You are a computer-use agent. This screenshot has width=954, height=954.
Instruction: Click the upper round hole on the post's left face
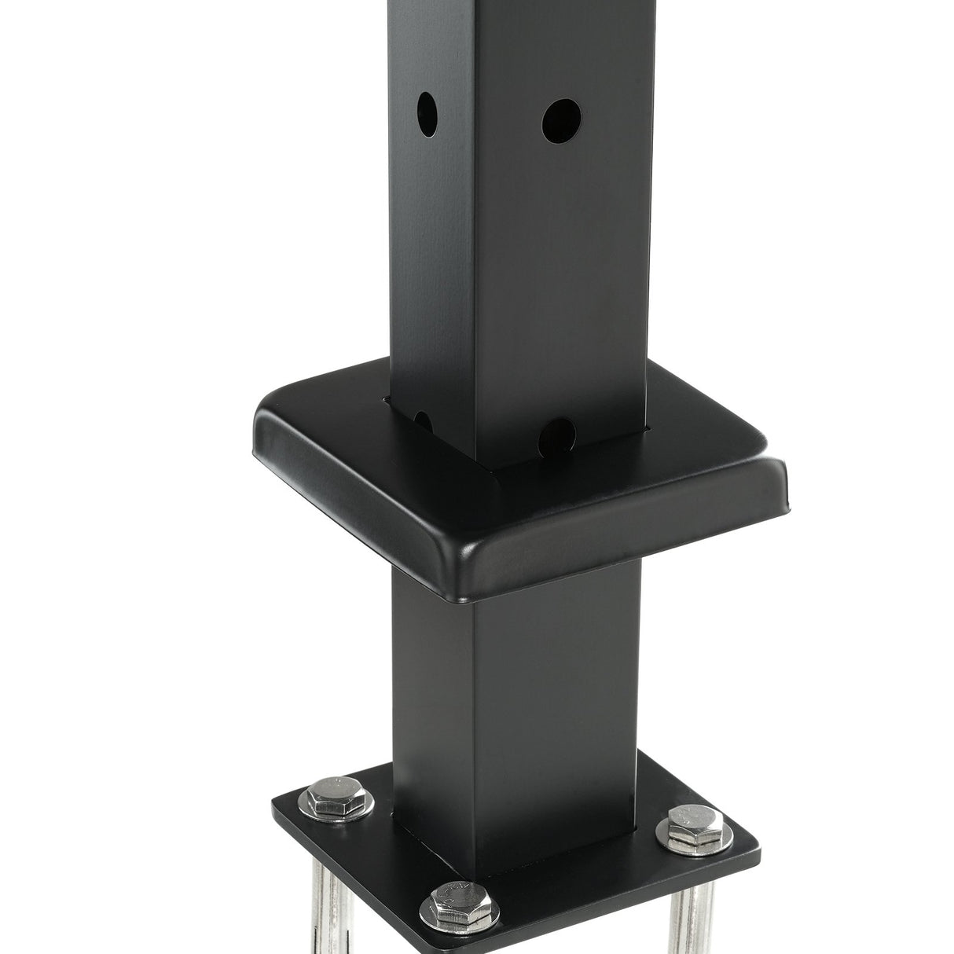[427, 114]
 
